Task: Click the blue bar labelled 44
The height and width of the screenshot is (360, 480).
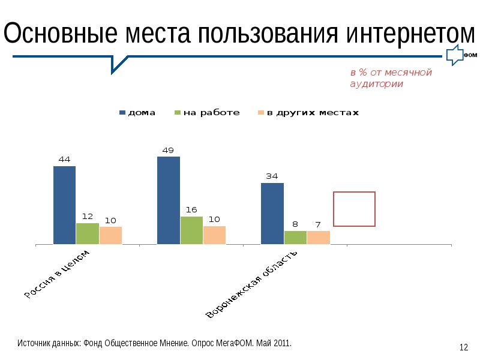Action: pyautogui.click(x=64, y=205)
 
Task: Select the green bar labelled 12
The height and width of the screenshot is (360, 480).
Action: pyautogui.click(x=87, y=233)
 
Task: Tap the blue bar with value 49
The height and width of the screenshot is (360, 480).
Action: pyautogui.click(x=168, y=200)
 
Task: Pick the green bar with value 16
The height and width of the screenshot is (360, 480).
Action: pyautogui.click(x=191, y=230)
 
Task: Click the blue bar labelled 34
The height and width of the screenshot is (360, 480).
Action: pyautogui.click(x=272, y=213)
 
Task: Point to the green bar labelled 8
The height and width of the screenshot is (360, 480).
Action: pyautogui.click(x=295, y=237)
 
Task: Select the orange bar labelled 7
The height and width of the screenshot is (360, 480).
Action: pyautogui.click(x=318, y=237)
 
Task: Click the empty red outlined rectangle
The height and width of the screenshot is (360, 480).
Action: pyautogui.click(x=354, y=209)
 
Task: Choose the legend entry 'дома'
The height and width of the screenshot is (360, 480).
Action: pyautogui.click(x=137, y=112)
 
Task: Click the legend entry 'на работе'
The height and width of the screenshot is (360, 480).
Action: pyautogui.click(x=206, y=112)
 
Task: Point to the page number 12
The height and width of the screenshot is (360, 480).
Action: pyautogui.click(x=463, y=347)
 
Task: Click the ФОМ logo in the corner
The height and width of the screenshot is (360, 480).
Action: pyautogui.click(x=462, y=55)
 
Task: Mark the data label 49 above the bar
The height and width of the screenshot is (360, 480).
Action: pyautogui.click(x=168, y=150)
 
